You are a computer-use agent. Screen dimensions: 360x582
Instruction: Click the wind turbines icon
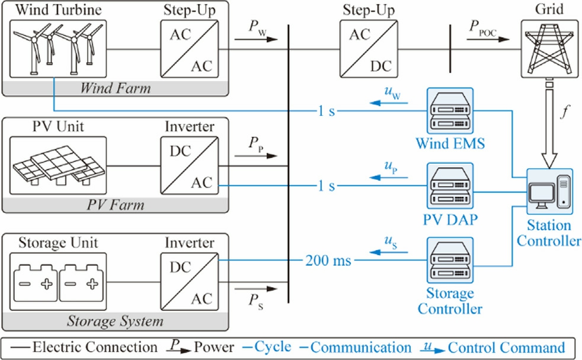58,49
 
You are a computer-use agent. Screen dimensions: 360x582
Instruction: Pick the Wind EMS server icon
449,111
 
